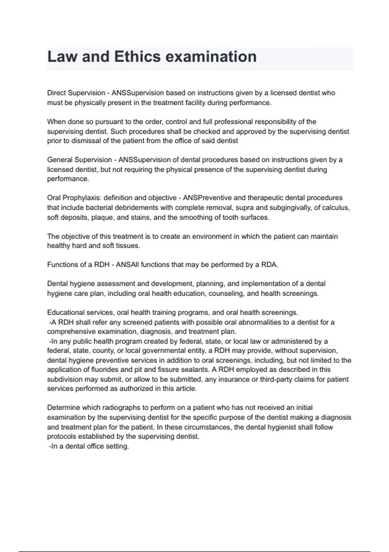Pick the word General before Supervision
60,160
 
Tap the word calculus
337,207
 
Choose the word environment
211,236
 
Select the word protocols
61,436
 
